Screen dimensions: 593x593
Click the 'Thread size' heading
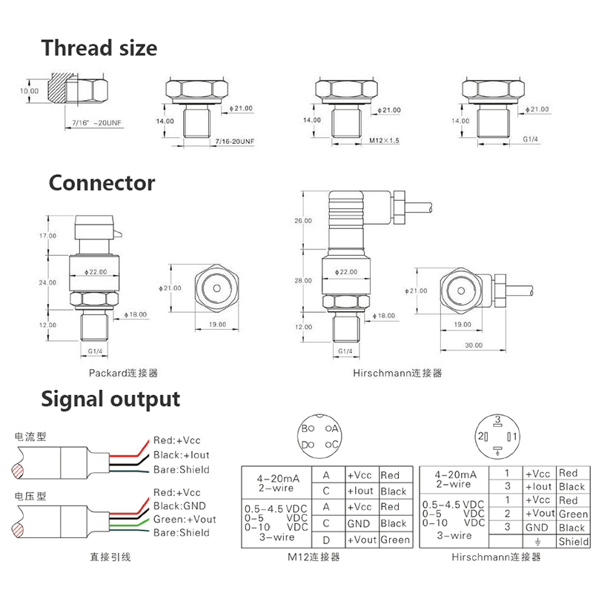(x=99, y=48)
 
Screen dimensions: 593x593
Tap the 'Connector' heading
(x=102, y=183)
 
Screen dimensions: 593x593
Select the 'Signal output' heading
(x=110, y=399)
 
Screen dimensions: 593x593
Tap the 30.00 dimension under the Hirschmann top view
(x=474, y=345)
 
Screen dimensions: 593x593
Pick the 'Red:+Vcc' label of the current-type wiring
(x=176, y=440)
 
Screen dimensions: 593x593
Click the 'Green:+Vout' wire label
(x=182, y=519)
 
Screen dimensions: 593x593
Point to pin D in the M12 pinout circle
(x=305, y=445)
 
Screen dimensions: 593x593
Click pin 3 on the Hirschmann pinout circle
(x=498, y=420)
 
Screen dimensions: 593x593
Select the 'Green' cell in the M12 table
(x=394, y=540)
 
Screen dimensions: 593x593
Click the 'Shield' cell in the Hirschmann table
(x=573, y=542)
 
